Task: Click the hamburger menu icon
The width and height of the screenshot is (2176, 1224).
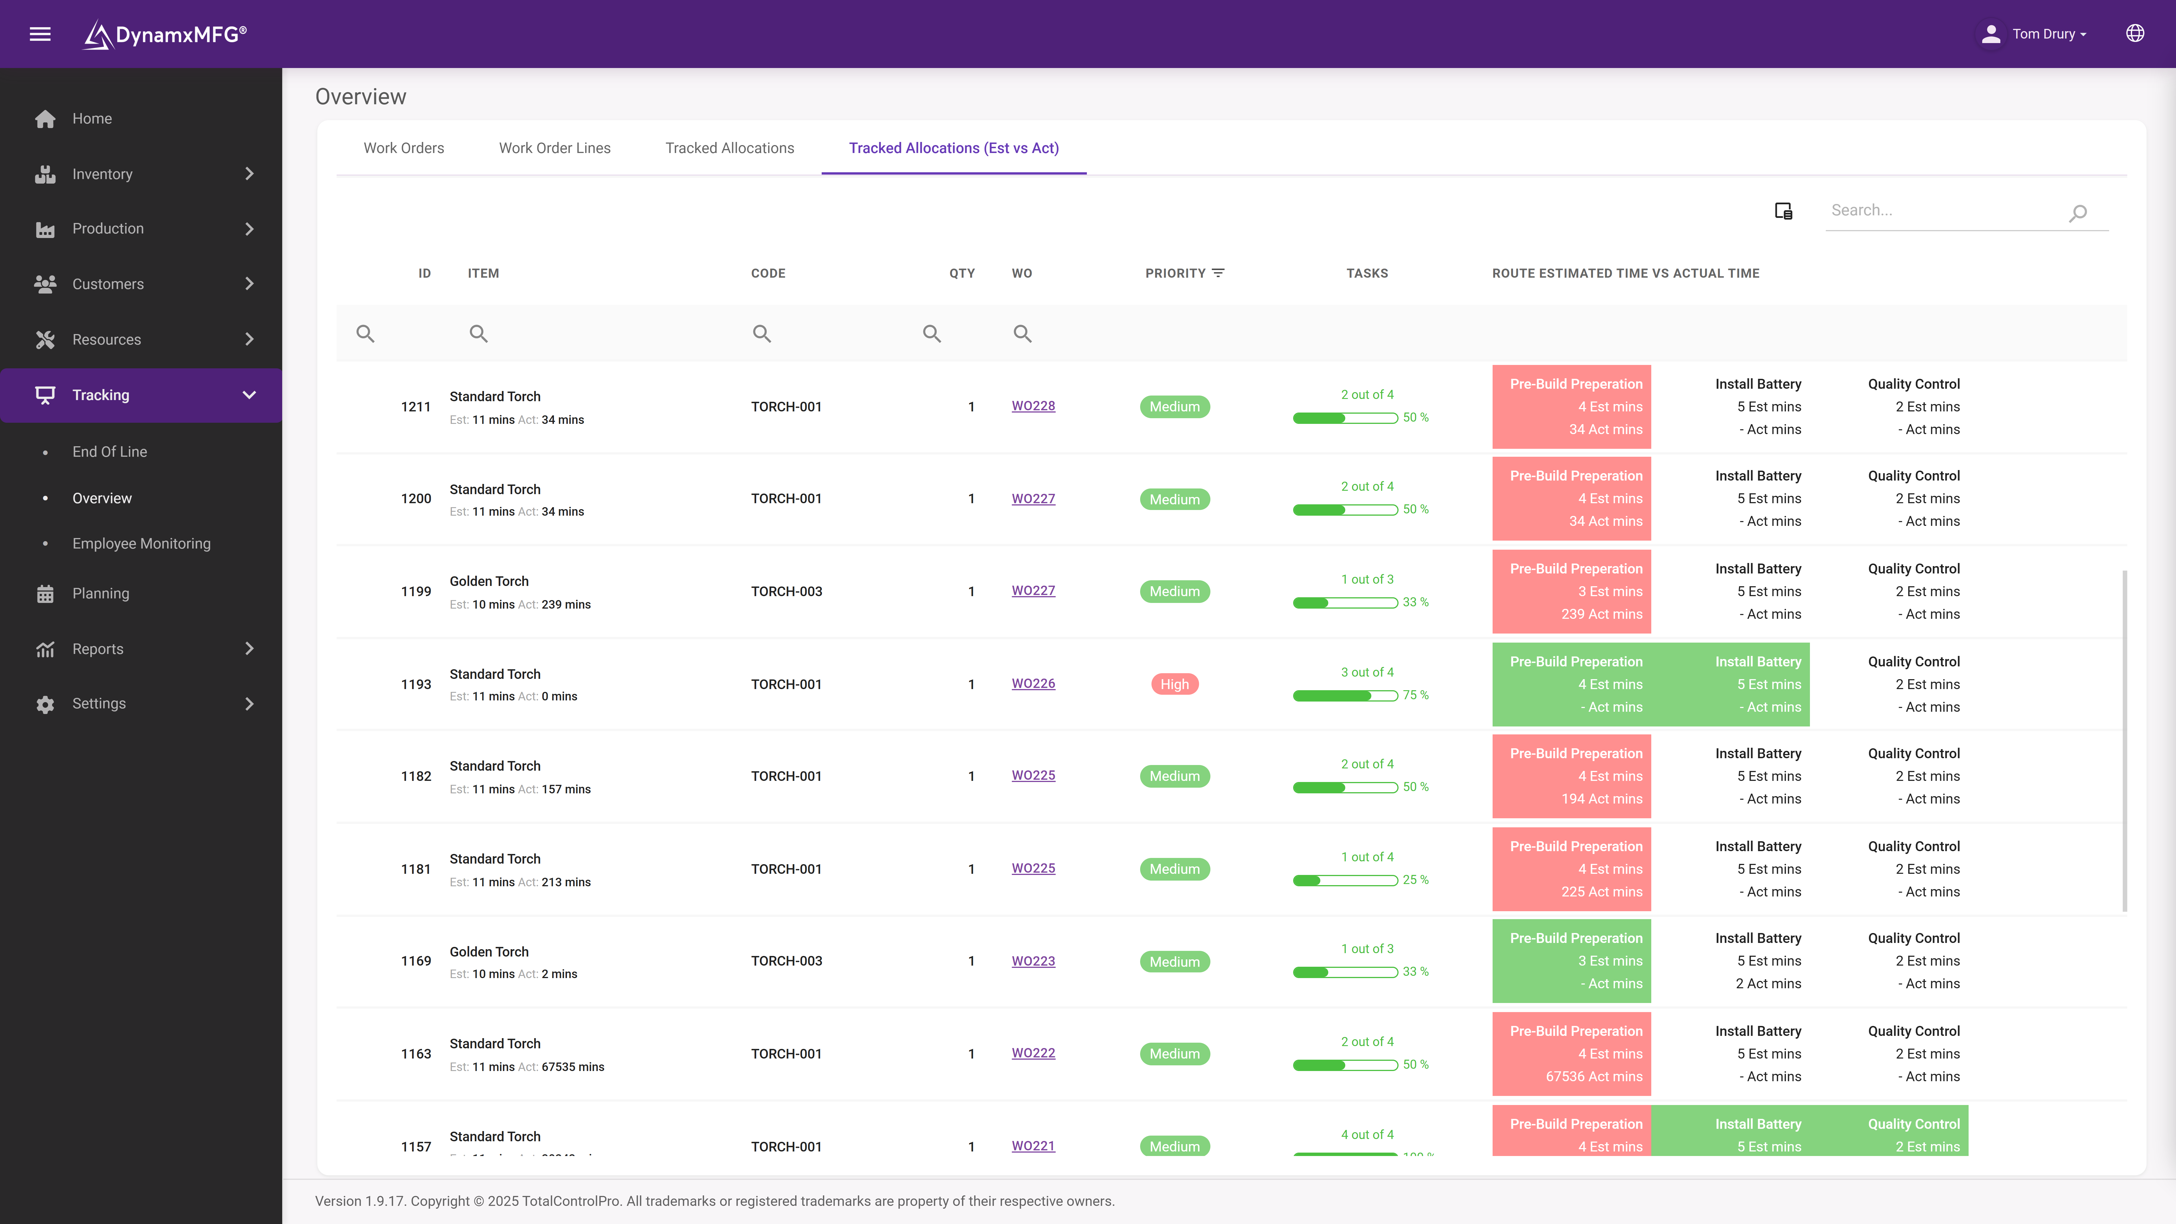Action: pyautogui.click(x=40, y=34)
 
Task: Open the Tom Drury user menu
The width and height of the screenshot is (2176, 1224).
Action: pyautogui.click(x=2036, y=34)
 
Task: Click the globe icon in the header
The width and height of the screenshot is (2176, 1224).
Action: pyautogui.click(x=2135, y=34)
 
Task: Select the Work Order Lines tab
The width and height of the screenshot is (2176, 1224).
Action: pyautogui.click(x=554, y=148)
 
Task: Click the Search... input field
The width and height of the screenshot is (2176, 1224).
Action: pyautogui.click(x=1943, y=210)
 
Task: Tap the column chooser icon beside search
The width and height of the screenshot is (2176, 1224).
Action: pyautogui.click(x=1783, y=211)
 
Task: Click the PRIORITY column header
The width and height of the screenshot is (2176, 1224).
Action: pyautogui.click(x=1175, y=273)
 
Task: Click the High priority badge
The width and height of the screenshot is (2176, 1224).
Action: pyautogui.click(x=1174, y=684)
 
